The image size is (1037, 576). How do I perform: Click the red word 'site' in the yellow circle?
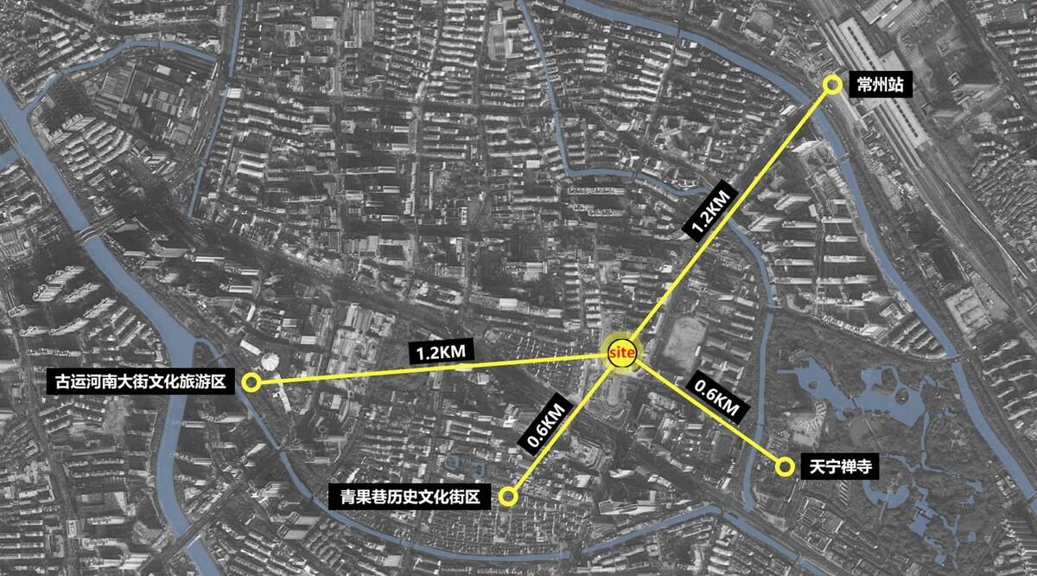click(622, 354)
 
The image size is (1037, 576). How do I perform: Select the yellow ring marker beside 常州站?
click(832, 85)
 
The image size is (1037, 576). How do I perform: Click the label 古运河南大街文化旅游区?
click(140, 382)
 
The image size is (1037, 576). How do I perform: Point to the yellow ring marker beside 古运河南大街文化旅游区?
click(251, 382)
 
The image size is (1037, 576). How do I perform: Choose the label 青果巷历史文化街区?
click(410, 496)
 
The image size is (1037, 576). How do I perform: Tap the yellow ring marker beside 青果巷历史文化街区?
click(508, 496)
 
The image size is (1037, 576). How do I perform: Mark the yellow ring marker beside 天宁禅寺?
click(785, 467)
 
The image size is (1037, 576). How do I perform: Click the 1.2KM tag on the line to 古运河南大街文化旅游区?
click(442, 352)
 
